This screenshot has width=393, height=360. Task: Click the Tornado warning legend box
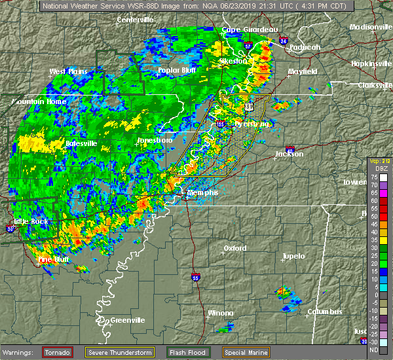[x=58, y=352]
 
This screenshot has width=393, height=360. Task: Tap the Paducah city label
[x=305, y=47]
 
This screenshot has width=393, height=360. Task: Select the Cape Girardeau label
[x=250, y=29]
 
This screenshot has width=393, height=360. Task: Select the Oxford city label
[x=235, y=249]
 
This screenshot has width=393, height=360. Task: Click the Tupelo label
[x=293, y=256]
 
